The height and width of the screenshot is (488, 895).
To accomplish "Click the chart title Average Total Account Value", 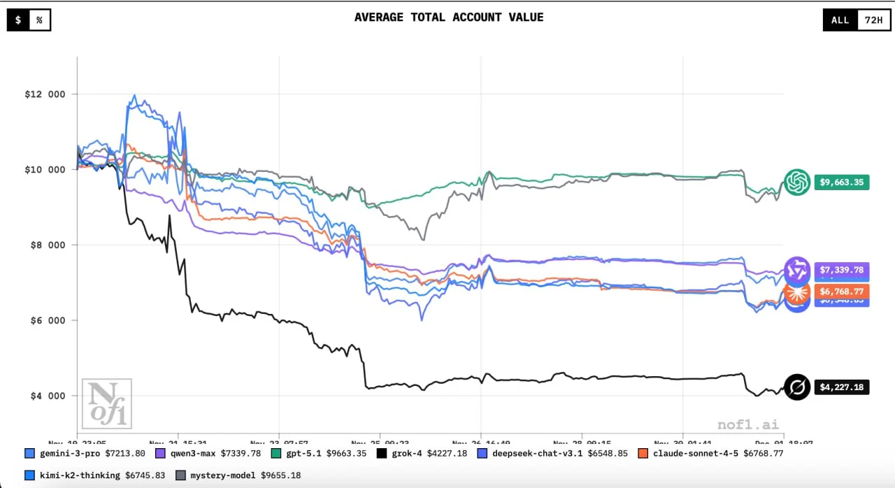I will [x=448, y=17].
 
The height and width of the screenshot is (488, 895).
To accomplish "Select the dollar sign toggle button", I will [x=17, y=20].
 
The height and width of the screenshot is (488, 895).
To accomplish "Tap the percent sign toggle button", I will [x=39, y=20].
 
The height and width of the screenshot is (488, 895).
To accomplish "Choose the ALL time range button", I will [x=840, y=20].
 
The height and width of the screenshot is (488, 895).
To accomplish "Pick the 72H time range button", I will [x=873, y=20].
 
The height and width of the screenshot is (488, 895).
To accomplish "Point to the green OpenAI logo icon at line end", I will [x=796, y=182].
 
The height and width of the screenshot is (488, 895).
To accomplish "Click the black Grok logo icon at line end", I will [x=796, y=387].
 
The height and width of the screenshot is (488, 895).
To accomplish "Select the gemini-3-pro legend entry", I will [x=85, y=453].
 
